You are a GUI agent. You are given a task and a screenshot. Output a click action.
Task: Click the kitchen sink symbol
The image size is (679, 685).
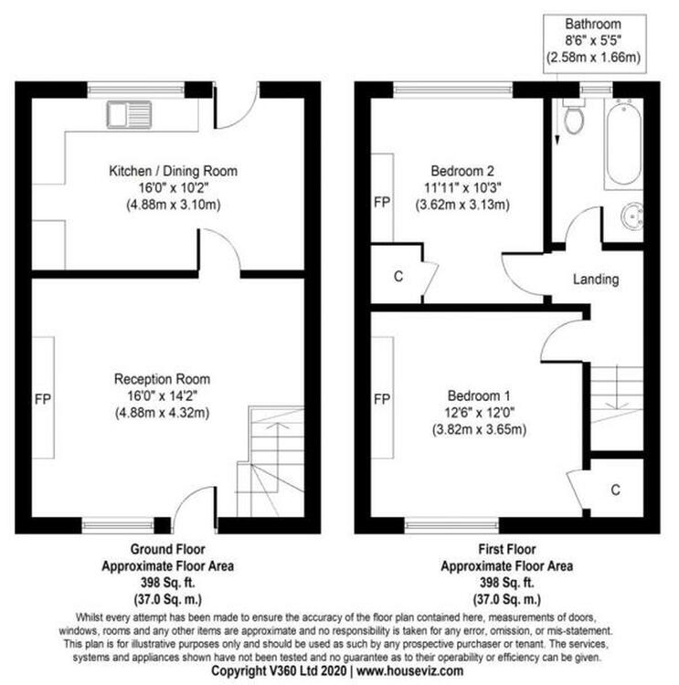130,115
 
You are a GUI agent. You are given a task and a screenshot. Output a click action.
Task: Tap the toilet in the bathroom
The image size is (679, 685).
574,115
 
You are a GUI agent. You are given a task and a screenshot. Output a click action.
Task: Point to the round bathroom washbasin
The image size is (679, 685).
631,216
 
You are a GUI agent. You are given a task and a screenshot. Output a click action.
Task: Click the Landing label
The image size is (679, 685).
596,279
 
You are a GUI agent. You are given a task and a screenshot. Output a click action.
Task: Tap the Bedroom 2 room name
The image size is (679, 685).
462,171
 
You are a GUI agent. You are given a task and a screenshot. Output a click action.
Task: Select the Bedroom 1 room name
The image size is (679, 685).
479,395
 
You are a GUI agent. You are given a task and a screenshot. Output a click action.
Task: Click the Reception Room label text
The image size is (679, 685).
162,379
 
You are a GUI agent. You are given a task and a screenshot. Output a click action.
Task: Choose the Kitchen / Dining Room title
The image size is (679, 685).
173,171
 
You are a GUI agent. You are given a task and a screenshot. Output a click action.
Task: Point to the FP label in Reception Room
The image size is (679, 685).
43,399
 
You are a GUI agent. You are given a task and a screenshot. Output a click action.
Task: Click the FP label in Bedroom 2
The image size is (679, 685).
382,202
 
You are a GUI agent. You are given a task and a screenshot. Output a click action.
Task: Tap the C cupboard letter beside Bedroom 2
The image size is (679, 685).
398,277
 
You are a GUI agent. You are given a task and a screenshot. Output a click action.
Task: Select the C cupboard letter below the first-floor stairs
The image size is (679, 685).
616,490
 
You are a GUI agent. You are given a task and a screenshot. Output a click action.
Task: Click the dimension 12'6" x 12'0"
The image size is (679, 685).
479,413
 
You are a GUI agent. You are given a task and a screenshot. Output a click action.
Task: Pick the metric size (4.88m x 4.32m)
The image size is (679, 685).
162,413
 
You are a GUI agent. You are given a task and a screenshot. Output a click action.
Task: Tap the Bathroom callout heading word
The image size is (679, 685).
593,24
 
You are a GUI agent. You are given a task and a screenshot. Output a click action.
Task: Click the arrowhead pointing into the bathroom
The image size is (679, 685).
557,141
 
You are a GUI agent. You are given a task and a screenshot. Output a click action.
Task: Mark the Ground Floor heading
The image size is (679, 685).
168,549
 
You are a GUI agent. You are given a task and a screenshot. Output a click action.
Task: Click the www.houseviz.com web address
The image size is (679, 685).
410,670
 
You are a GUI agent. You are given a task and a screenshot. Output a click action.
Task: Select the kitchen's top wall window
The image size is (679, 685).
135,90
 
